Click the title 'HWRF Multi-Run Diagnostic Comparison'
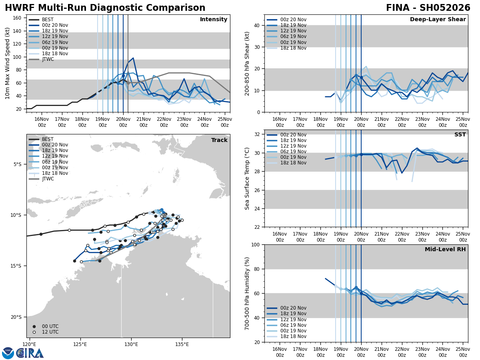[x=105, y=8]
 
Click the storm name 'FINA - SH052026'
[x=428, y=8]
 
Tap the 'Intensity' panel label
[x=214, y=20]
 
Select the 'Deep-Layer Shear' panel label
[x=438, y=20]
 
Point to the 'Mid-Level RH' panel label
[x=445, y=250]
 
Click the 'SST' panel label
[x=460, y=135]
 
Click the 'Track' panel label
[x=219, y=140]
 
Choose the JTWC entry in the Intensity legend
[x=48, y=59]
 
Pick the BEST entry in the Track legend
[x=48, y=139]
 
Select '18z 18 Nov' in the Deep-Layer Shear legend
[x=293, y=48]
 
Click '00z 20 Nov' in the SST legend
[x=293, y=135]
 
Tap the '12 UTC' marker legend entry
[x=50, y=332]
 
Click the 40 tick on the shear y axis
[x=256, y=26]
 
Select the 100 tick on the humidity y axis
[x=254, y=245]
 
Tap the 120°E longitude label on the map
[x=29, y=344]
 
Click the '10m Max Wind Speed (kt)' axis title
[x=8, y=63]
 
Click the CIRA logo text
[x=30, y=353]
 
